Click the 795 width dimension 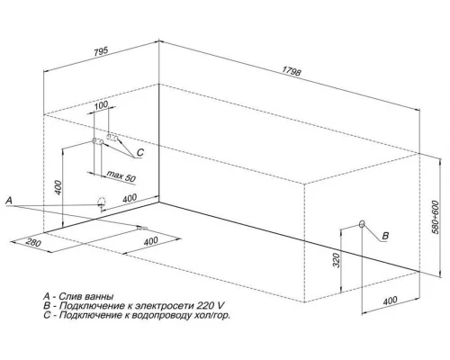point(101,51)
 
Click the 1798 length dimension point(292,71)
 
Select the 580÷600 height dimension point(436,218)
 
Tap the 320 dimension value point(337,260)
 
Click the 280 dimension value point(33,242)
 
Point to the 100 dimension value point(101,105)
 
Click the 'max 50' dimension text point(121,176)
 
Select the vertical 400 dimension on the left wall point(58,187)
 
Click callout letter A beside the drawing point(9,201)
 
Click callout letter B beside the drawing point(385,236)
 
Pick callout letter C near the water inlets point(140,153)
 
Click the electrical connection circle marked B point(362,224)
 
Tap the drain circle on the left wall point(102,202)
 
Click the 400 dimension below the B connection point(390,301)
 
